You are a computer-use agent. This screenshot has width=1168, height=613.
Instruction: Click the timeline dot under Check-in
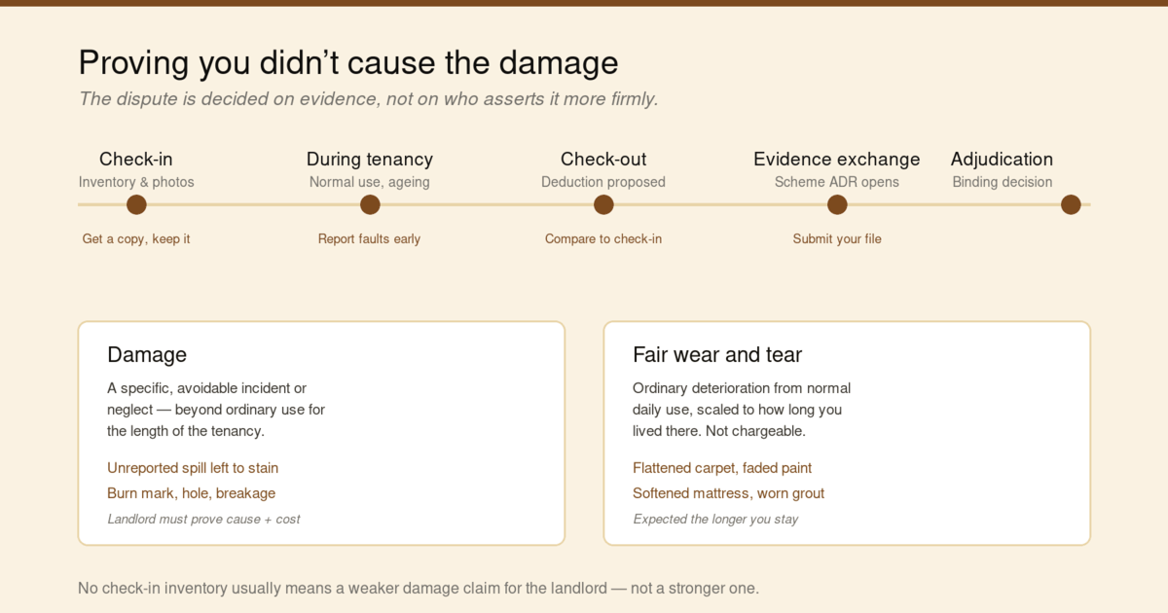pyautogui.click(x=136, y=204)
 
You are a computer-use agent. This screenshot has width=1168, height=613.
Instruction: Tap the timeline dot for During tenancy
pyautogui.click(x=370, y=204)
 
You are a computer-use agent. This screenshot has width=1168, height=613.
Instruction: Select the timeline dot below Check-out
pyautogui.click(x=603, y=204)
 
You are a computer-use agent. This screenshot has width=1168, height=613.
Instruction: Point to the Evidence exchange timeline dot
pyautogui.click(x=837, y=204)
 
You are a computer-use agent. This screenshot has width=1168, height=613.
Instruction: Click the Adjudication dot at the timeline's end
pyautogui.click(x=1071, y=204)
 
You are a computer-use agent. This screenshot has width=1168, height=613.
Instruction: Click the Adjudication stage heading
pyautogui.click(x=1002, y=160)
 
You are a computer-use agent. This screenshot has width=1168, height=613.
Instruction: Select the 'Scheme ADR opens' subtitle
pyautogui.click(x=837, y=182)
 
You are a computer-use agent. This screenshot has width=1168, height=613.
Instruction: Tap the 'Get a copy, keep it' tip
pyautogui.click(x=136, y=238)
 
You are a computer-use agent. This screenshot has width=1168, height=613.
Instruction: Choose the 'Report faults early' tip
pyautogui.click(x=369, y=238)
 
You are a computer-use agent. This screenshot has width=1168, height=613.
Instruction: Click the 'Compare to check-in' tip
pyautogui.click(x=603, y=238)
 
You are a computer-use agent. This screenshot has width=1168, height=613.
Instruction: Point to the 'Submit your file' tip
pyautogui.click(x=837, y=238)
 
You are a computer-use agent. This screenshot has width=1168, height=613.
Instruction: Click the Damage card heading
pyautogui.click(x=147, y=354)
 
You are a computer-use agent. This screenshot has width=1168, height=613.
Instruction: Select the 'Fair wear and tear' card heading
pyautogui.click(x=717, y=354)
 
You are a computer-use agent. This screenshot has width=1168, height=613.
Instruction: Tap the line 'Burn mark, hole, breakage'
pyautogui.click(x=192, y=493)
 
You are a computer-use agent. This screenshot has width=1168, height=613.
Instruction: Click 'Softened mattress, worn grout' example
pyautogui.click(x=728, y=493)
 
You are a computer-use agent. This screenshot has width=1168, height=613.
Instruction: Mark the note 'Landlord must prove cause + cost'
pyautogui.click(x=203, y=520)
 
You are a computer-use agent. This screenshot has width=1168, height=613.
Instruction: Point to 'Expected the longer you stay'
pyautogui.click(x=715, y=520)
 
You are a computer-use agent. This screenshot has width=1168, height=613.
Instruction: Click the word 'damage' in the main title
pyautogui.click(x=559, y=63)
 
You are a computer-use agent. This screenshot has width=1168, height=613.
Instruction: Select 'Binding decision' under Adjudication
pyautogui.click(x=1003, y=182)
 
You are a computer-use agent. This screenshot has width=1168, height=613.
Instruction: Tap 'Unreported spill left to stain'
pyautogui.click(x=193, y=468)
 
